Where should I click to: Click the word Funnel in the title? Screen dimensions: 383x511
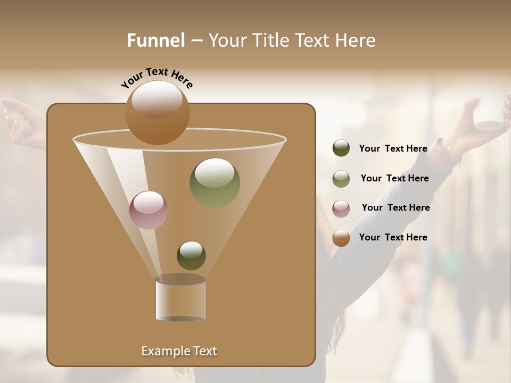(156, 40)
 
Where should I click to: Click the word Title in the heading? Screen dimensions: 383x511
(270, 40)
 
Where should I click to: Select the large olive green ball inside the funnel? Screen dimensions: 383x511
(215, 184)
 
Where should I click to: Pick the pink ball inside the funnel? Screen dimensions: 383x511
(149, 210)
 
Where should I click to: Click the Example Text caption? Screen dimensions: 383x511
(179, 351)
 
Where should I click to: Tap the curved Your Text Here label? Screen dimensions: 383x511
(156, 78)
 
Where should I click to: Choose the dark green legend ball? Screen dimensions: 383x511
(341, 148)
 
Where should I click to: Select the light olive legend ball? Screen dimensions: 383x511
(341, 179)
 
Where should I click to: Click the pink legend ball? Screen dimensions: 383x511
(341, 209)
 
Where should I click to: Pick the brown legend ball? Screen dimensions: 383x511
(341, 238)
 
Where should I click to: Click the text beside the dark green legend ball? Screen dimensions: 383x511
(393, 148)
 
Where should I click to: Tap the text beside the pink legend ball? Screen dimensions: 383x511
(395, 207)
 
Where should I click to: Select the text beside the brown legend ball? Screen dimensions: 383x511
(393, 237)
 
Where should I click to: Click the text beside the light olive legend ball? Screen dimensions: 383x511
(394, 178)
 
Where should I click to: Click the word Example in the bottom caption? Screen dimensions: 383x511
(162, 351)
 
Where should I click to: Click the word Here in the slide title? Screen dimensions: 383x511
(355, 40)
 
